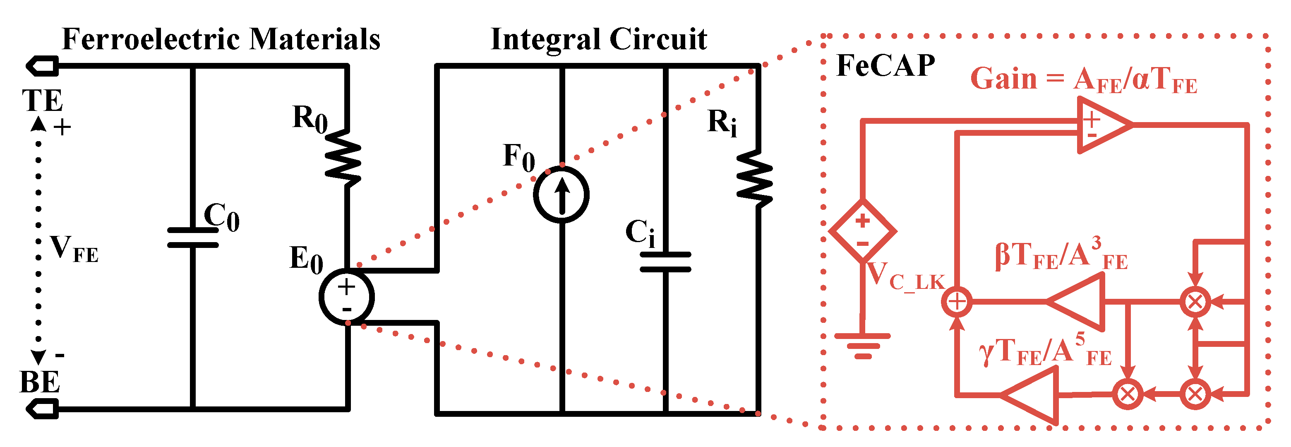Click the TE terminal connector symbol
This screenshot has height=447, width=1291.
click(x=43, y=66)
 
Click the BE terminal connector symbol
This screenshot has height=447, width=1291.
click(x=43, y=409)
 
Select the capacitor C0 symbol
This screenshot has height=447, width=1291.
click(x=193, y=238)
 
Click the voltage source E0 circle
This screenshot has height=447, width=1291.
click(x=346, y=297)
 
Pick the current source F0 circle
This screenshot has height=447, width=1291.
click(x=562, y=195)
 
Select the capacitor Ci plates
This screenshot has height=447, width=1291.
click(x=665, y=262)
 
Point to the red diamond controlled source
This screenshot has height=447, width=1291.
click(x=862, y=231)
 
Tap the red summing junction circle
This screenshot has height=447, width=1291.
click(x=957, y=302)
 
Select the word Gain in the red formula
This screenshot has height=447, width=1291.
click(x=1003, y=79)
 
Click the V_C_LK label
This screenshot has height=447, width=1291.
click(x=905, y=276)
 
